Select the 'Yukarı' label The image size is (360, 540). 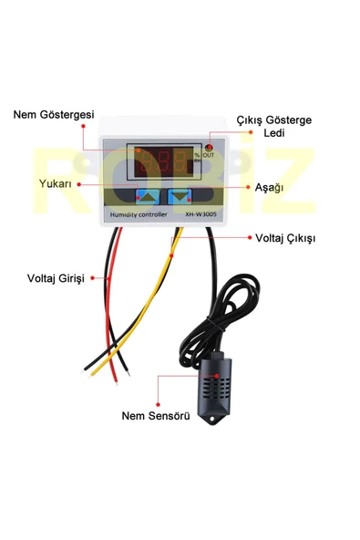(x=57, y=183)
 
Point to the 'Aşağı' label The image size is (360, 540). (x=271, y=186)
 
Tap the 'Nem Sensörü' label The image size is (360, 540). (x=156, y=416)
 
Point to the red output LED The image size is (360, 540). (x=209, y=148)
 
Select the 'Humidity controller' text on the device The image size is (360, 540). (x=136, y=214)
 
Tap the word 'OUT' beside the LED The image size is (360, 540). (x=209, y=156)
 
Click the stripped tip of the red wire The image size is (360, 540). (x=89, y=368)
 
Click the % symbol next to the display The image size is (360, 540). (x=196, y=156)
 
